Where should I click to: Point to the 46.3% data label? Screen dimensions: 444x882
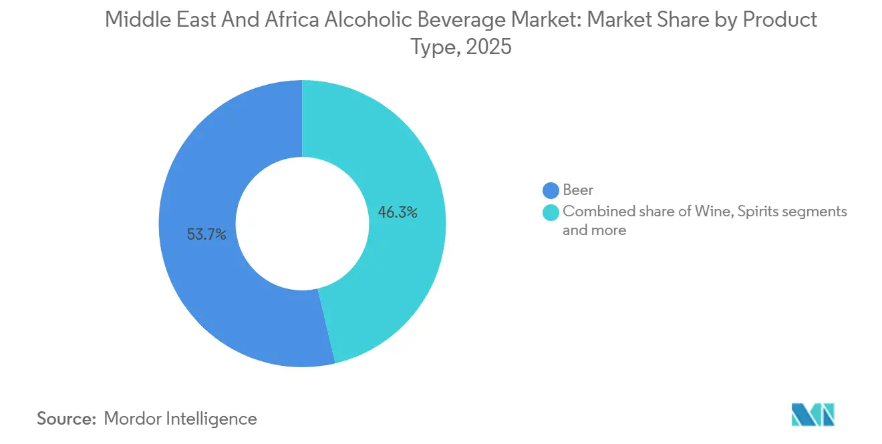(398, 213)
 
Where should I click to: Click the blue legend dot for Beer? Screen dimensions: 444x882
(551, 190)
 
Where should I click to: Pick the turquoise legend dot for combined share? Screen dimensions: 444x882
(551, 212)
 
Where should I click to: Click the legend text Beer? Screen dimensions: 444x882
(578, 190)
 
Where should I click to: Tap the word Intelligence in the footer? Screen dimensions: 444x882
(216, 419)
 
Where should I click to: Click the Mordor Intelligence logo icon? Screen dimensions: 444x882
(813, 415)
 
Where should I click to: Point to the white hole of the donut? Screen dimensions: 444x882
(302, 224)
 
